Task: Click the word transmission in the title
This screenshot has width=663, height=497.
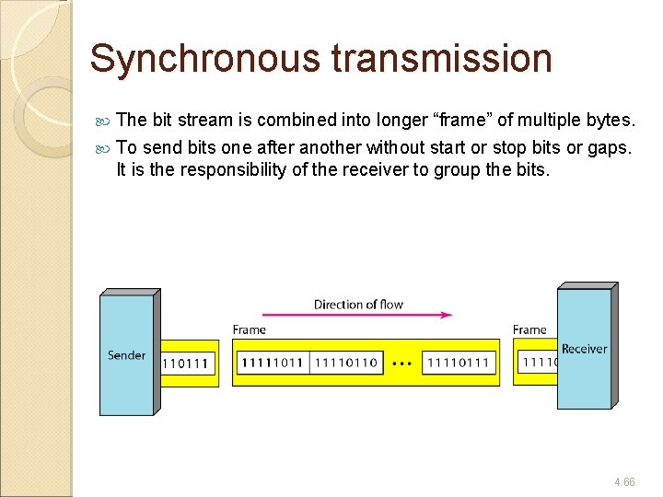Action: pyautogui.click(x=441, y=59)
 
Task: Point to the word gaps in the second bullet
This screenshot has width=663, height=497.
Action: pyautogui.click(x=608, y=147)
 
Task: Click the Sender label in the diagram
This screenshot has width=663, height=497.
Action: pyautogui.click(x=126, y=355)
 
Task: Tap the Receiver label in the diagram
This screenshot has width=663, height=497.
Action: pyautogui.click(x=584, y=349)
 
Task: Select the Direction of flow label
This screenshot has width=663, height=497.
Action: pyautogui.click(x=358, y=305)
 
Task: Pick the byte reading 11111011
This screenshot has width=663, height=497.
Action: pyautogui.click(x=273, y=363)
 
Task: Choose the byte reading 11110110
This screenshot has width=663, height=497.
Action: pyautogui.click(x=346, y=363)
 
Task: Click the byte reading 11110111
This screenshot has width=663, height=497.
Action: pyautogui.click(x=459, y=363)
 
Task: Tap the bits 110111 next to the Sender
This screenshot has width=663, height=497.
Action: pyautogui.click(x=187, y=364)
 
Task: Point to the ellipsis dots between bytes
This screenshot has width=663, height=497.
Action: pyautogui.click(x=401, y=364)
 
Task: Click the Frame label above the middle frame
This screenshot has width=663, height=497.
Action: pyautogui.click(x=249, y=329)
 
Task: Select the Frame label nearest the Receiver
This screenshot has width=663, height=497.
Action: pyautogui.click(x=529, y=329)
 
